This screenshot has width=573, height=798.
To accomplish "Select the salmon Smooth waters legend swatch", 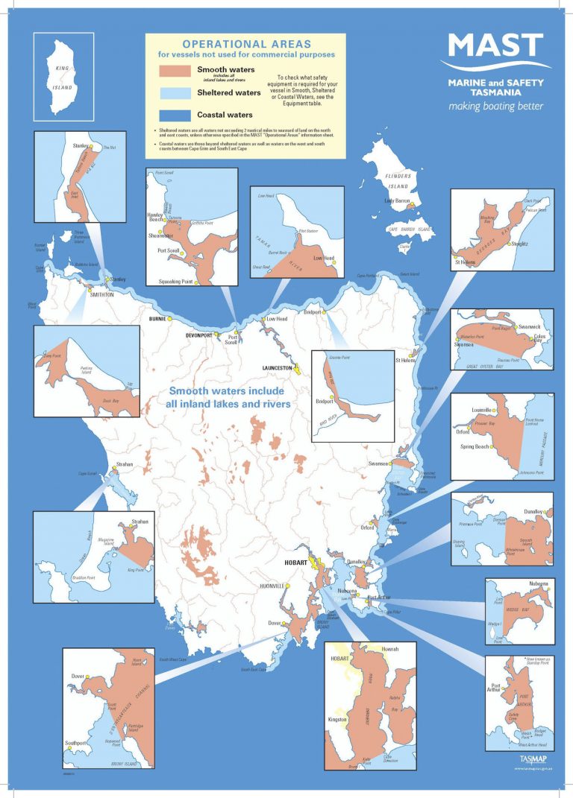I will (x=175, y=72).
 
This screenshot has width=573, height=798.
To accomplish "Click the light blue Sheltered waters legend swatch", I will (x=175, y=93).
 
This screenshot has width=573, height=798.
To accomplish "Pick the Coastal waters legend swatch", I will (x=175, y=115).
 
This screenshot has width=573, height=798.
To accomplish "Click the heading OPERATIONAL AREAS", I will (x=245, y=44).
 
